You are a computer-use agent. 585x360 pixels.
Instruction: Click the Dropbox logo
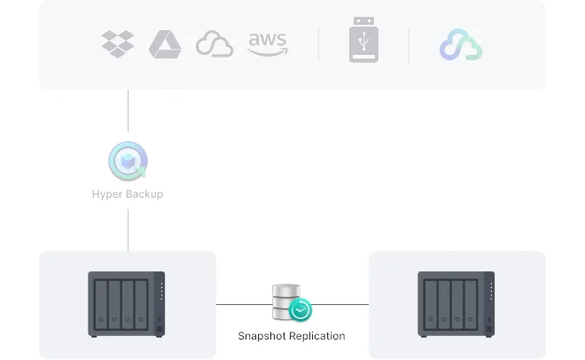(x=118, y=43)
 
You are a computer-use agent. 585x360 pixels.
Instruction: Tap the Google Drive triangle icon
(x=165, y=44)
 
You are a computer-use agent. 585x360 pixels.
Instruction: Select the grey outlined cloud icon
(x=214, y=44)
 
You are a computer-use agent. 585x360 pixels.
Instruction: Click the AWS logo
(x=268, y=43)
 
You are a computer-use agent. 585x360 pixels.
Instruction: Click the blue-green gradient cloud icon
(x=461, y=44)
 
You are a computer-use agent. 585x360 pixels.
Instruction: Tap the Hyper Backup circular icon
(x=128, y=162)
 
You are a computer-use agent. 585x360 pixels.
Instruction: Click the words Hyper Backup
(x=128, y=194)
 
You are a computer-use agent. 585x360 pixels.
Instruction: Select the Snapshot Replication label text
(x=292, y=336)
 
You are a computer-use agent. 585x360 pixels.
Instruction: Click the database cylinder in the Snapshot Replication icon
(x=286, y=301)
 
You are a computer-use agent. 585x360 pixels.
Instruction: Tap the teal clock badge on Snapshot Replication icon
(x=301, y=311)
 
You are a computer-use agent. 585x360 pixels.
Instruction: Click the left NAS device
(x=127, y=304)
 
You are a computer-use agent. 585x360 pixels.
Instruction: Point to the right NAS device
(x=456, y=304)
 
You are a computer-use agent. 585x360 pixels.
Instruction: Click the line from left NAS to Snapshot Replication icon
(x=244, y=304)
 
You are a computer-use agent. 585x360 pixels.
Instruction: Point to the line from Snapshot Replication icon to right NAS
(x=341, y=304)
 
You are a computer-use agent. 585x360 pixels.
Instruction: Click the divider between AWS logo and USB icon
(x=319, y=44)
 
